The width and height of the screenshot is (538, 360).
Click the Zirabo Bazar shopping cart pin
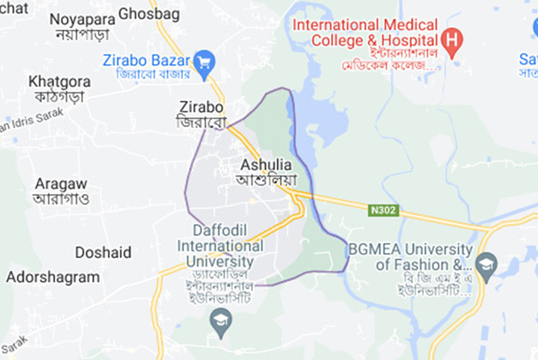[x=204, y=63]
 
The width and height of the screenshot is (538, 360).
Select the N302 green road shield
[x=383, y=211]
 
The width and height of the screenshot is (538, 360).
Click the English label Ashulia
[x=266, y=164]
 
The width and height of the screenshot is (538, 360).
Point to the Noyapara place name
[x=82, y=19]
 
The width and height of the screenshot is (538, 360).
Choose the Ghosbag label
[x=149, y=14]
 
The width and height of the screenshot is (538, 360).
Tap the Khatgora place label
[x=60, y=81]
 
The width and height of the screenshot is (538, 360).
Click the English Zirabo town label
[x=201, y=108]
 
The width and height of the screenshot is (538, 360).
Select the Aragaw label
[x=60, y=184]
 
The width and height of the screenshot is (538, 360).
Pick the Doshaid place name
[x=103, y=252]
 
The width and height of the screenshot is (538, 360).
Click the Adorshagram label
[x=53, y=277]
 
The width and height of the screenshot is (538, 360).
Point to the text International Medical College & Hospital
[x=365, y=33]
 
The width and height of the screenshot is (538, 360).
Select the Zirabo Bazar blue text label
[x=146, y=60]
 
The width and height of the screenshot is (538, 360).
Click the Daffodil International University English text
[x=220, y=246]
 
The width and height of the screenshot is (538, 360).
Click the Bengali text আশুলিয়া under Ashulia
[x=266, y=179]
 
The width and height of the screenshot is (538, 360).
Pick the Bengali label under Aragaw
[x=61, y=199]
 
